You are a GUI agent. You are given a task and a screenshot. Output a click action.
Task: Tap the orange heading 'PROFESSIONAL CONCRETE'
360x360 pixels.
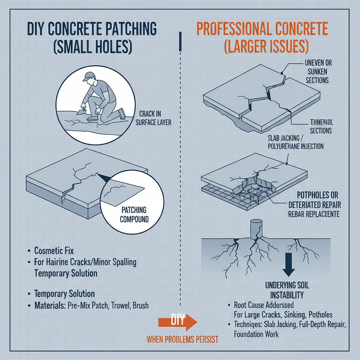[262, 29]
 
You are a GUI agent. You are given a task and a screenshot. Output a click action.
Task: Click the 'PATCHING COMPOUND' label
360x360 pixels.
[134, 214]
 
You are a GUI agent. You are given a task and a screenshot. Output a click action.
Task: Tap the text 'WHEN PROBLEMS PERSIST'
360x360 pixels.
[182, 340]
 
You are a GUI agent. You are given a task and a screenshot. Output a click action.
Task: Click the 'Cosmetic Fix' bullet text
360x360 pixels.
[54, 251]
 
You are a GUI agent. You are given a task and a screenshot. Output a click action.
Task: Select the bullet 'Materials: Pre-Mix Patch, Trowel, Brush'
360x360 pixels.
[91, 306]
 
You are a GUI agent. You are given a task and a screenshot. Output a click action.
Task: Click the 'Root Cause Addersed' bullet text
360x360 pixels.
[264, 305]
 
